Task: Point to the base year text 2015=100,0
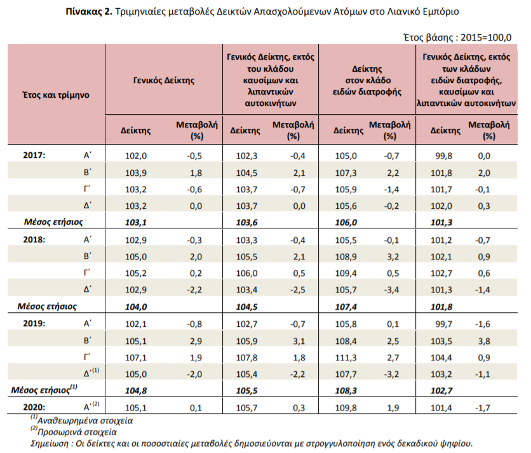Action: coord(486,37)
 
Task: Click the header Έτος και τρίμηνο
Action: coord(57,95)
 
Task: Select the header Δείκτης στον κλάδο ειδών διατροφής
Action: coord(367,81)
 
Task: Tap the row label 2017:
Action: coord(34,155)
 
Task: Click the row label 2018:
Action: coord(34,240)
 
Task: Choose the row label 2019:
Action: coord(34,324)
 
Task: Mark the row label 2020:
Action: coord(34,407)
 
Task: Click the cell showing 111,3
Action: coord(346,358)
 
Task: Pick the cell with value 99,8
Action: coord(443,155)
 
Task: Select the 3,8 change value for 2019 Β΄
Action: coord(484,341)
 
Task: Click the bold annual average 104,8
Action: coord(136,391)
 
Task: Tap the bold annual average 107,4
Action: coord(346,307)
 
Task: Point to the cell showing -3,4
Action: coord(391,290)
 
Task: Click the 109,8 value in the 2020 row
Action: coord(346,408)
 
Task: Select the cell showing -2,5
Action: coord(297,290)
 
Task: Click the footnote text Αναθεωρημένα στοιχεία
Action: coord(85,421)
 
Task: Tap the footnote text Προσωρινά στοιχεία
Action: coord(77,432)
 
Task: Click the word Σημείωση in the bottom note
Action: coord(50,443)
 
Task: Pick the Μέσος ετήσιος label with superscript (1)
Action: coord(44,390)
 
